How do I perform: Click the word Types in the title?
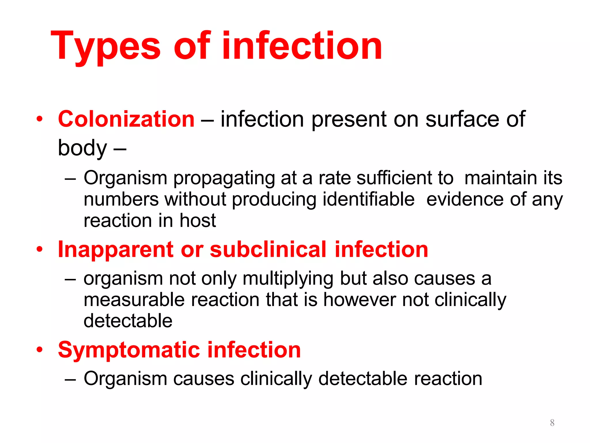[x=105, y=46]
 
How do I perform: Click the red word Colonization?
[x=126, y=119]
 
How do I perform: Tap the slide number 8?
[x=552, y=423]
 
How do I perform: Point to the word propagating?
[x=224, y=178]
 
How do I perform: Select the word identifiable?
[x=368, y=199]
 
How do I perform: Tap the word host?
[x=198, y=221]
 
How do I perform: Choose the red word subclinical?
[x=268, y=249]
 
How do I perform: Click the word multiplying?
[x=288, y=279]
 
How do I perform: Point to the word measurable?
[x=134, y=300]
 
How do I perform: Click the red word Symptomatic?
[x=129, y=350]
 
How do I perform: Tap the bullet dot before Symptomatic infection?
[x=39, y=350]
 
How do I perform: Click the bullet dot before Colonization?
[x=39, y=119]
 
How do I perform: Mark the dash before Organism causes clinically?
[x=70, y=379]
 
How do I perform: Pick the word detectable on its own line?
[x=128, y=321]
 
